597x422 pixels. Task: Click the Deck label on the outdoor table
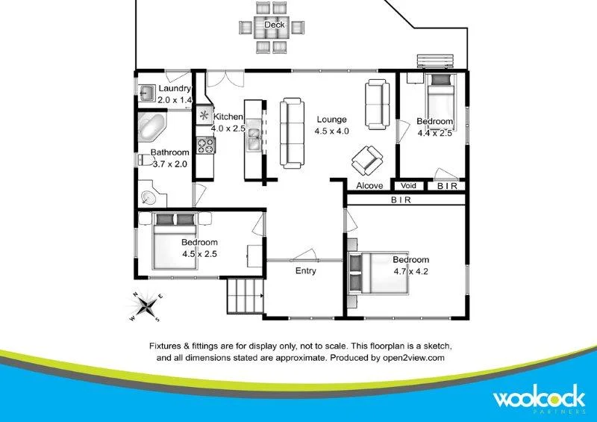[275, 25]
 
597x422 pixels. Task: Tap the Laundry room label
[175, 89]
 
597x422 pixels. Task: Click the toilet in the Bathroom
[144, 159]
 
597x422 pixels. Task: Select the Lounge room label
[331, 120]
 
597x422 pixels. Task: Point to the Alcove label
[369, 186]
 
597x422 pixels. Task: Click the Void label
[408, 186]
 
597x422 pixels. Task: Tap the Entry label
[305, 270]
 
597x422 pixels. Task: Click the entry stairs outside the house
[245, 297]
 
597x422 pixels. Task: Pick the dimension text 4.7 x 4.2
[411, 272]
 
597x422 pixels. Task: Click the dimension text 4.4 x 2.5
[435, 134]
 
